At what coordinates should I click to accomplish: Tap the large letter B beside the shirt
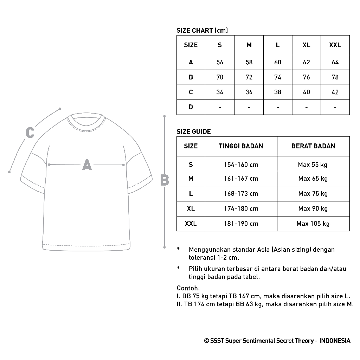[x=165, y=180]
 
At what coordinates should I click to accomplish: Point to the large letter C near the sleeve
[x=30, y=133]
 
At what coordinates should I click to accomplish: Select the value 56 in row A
[x=220, y=62]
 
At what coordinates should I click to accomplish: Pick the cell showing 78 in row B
[x=335, y=77]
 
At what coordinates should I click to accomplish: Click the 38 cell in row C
[x=278, y=92]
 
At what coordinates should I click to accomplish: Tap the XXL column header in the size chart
[x=335, y=45]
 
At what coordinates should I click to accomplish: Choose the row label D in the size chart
[x=191, y=107]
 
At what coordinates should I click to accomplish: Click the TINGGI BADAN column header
[x=241, y=146]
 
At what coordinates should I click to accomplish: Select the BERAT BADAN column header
[x=313, y=146]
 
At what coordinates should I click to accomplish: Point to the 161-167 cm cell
[x=241, y=179]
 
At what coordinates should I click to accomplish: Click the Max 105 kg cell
[x=313, y=224]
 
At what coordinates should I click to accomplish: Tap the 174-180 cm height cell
[x=241, y=208]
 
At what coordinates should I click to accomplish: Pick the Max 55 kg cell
[x=313, y=165]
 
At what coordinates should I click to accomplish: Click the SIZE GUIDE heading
[x=194, y=132]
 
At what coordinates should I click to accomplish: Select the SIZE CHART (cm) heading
[x=202, y=31]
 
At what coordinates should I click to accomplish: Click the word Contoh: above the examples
[x=188, y=288]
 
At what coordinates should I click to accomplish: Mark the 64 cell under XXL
[x=335, y=62]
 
